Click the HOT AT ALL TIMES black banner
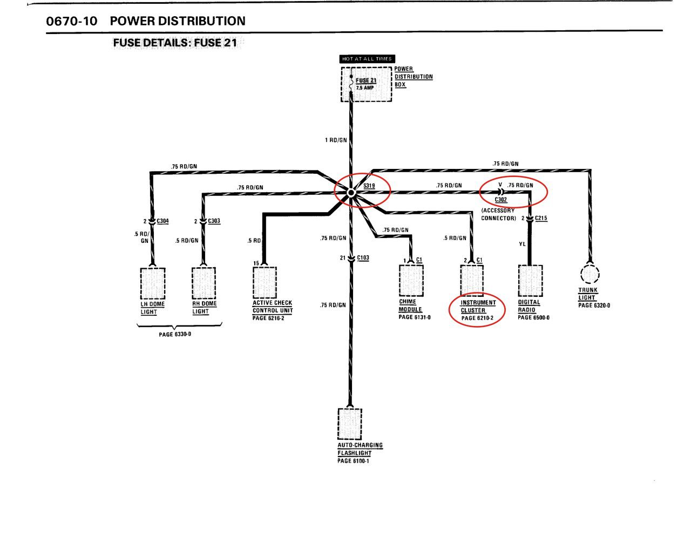pos(367,59)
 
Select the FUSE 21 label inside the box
pos(365,80)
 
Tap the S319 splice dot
pos(351,193)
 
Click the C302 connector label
pos(501,200)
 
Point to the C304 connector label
pos(162,221)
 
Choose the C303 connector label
pos(214,221)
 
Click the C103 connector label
pos(363,257)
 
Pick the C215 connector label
pos(541,218)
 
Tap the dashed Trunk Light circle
pos(590,274)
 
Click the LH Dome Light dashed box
pos(153,283)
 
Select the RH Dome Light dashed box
pos(204,283)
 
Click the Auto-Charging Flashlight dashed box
pos(350,424)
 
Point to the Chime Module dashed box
pos(411,281)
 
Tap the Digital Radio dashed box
pos(531,281)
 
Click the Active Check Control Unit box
pos(265,282)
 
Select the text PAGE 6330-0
pos(175,334)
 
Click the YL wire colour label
pos(522,244)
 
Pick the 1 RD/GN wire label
pos(336,140)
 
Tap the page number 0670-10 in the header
pos(72,21)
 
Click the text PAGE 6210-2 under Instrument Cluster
pos(477,318)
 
